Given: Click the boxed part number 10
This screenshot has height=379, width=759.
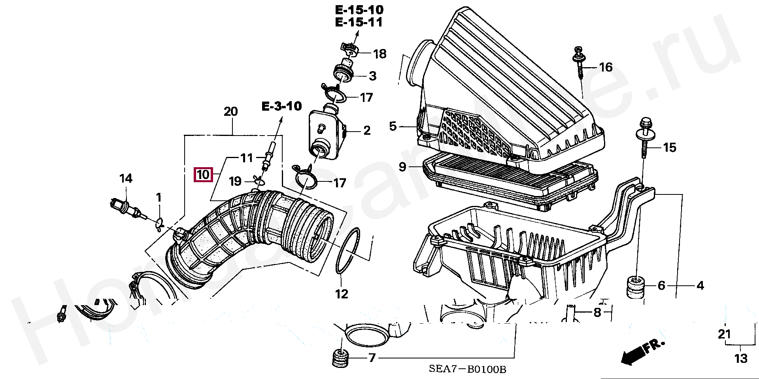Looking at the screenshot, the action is coord(203,174).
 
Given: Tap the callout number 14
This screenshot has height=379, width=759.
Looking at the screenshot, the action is coord(126,179).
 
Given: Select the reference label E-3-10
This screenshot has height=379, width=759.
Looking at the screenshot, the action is coord(282,106).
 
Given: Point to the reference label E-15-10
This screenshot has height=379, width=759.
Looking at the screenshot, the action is coord(359,9).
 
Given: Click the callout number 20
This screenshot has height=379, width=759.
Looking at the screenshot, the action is coord(231,111).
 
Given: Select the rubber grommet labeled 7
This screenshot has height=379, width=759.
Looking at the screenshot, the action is coord(340,358).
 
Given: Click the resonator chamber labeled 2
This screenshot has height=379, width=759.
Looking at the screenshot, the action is coord(323,134).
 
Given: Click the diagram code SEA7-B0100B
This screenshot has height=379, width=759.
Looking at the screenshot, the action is coord(467,370).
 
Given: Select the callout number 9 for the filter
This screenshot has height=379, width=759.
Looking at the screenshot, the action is coord(402,167).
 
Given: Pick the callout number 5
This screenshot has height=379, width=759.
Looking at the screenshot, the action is coord(393,126).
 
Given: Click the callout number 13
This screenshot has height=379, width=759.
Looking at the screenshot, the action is coord(741,358).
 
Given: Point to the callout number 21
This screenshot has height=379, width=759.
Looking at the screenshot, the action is coord(724,334).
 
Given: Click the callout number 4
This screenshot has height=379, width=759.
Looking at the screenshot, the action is coord(700,285).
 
